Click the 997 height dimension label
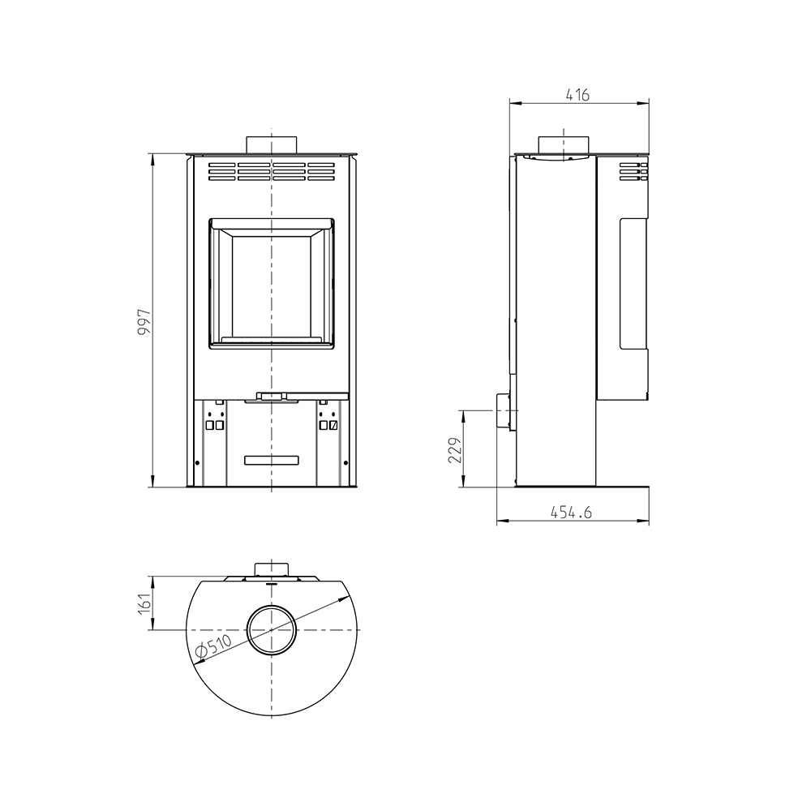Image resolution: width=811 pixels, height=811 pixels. pyautogui.click(x=144, y=321)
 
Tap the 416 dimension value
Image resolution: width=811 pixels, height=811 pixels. pyautogui.click(x=577, y=95)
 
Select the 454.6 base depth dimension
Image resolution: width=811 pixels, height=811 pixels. pyautogui.click(x=570, y=512)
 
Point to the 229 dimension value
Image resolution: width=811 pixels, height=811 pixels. pyautogui.click(x=454, y=450)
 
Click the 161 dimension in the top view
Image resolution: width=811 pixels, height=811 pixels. pyautogui.click(x=144, y=603)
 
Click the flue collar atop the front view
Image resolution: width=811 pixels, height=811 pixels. pyautogui.click(x=272, y=145)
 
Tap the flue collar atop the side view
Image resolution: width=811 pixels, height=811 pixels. pyautogui.click(x=564, y=145)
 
